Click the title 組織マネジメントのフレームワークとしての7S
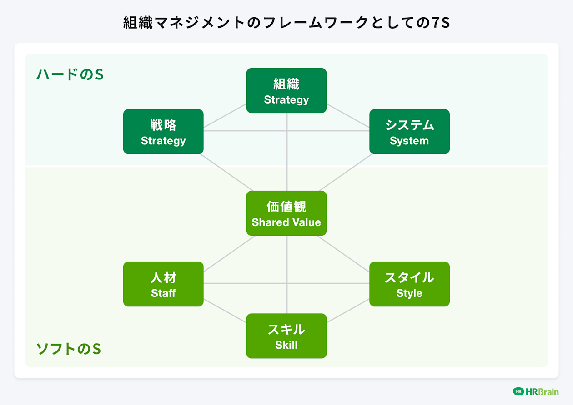click(x=286, y=22)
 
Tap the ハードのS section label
click(x=70, y=74)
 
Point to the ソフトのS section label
click(x=69, y=349)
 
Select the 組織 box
click(x=286, y=90)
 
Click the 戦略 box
click(x=163, y=132)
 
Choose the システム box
click(x=409, y=132)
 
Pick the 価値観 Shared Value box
click(x=286, y=213)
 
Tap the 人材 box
click(x=163, y=284)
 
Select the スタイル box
click(x=409, y=284)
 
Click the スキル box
click(x=286, y=336)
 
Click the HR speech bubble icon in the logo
click(x=518, y=391)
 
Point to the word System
click(x=409, y=141)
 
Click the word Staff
click(x=163, y=293)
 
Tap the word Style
click(x=409, y=293)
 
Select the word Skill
click(x=286, y=345)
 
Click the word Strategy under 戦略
click(x=163, y=141)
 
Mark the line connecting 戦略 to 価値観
click(x=226, y=173)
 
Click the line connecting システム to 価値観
click(x=346, y=173)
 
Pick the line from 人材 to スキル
click(x=225, y=311)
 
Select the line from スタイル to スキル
click(x=348, y=311)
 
